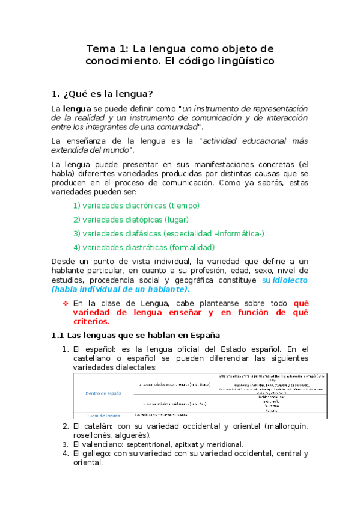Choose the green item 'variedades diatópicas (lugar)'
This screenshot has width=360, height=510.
coord(135,220)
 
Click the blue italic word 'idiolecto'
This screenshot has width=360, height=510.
coord(290,280)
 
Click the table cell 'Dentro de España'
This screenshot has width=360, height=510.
coord(104,393)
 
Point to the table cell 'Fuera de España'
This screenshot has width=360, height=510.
coord(103,416)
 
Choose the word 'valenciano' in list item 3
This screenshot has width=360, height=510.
coord(99,444)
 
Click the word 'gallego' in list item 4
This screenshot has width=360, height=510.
coord(94,453)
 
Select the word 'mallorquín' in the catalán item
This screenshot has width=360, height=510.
coord(285,426)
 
